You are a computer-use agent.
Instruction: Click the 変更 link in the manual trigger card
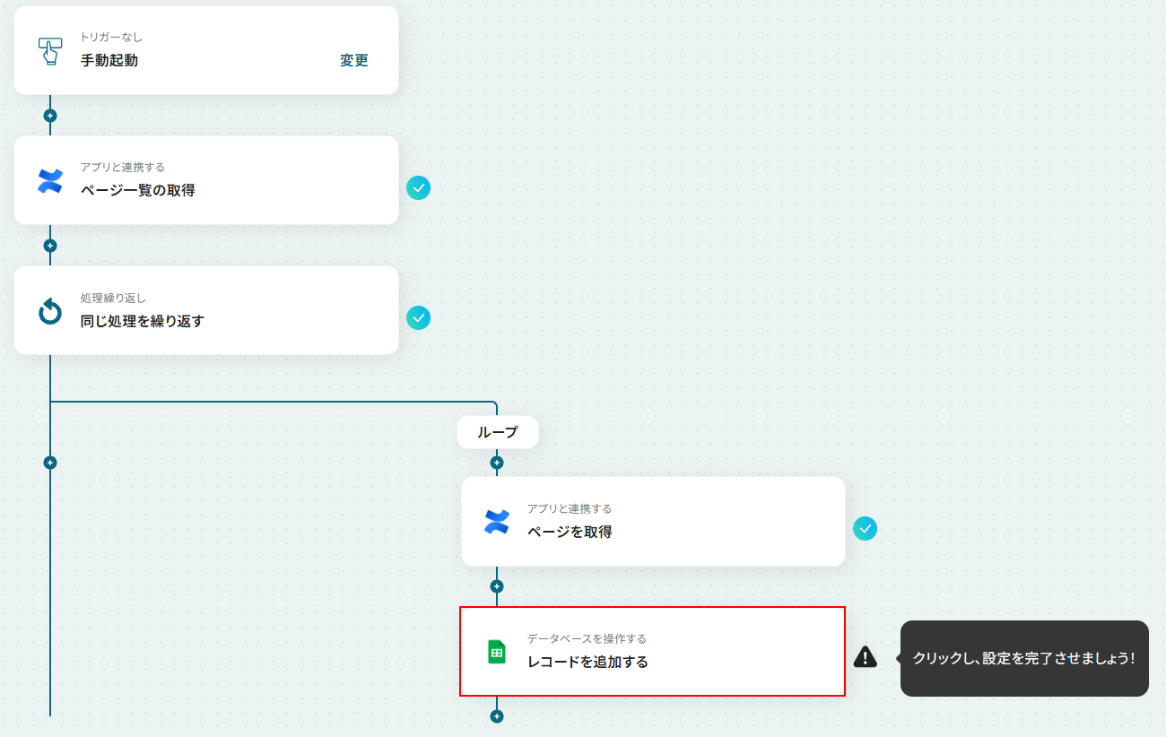[354, 60]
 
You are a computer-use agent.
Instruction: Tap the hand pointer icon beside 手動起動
[50, 51]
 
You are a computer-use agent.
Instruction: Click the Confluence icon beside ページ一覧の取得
[50, 181]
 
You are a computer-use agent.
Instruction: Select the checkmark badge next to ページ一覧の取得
[418, 188]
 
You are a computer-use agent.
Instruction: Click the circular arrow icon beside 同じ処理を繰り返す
[50, 311]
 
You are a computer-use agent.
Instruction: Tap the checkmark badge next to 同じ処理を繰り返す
[418, 318]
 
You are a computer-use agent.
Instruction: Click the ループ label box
[498, 432]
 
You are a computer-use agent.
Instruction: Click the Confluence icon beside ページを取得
[497, 522]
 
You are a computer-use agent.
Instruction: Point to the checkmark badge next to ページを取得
[865, 529]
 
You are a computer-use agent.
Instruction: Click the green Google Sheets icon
[497, 652]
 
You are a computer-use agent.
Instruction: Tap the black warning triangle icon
[866, 657]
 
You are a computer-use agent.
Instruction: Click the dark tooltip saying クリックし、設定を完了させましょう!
[1024, 658]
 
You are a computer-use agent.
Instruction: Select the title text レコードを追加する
[587, 662]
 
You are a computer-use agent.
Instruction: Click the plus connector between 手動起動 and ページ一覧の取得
[50, 116]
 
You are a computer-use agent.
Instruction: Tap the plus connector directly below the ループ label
[497, 463]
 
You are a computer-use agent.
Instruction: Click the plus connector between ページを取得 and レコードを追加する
[497, 586]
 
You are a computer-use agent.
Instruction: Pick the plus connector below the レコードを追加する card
[497, 716]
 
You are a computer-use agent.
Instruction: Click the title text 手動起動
[109, 60]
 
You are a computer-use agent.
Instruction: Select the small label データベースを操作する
[587, 638]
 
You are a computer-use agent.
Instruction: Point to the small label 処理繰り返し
[113, 299]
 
